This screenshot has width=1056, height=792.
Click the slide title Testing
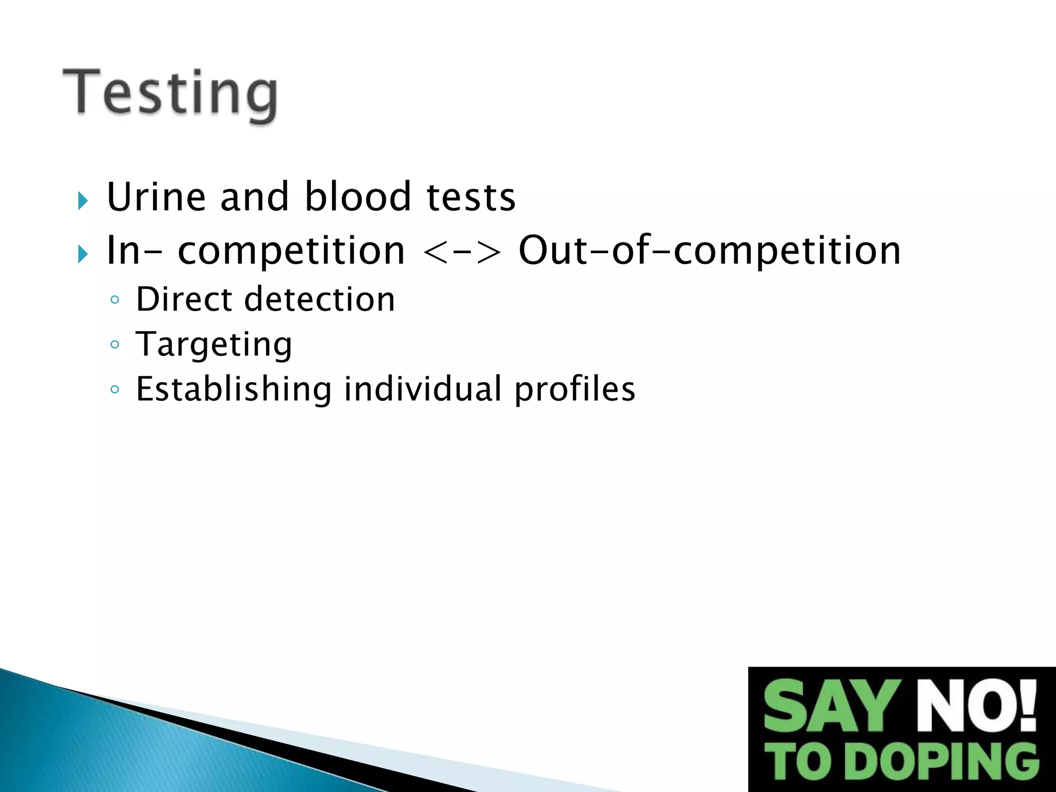(x=170, y=94)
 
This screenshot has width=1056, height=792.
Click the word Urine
(x=155, y=197)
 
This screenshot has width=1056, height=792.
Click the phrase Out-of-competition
(x=709, y=252)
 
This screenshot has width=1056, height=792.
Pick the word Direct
(x=184, y=300)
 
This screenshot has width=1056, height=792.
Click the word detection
(x=320, y=300)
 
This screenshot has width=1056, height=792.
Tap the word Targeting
(x=214, y=345)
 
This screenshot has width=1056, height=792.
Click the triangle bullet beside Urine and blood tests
(x=83, y=201)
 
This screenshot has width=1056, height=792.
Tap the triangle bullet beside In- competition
(x=83, y=254)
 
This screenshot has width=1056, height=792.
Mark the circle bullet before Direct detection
(x=115, y=300)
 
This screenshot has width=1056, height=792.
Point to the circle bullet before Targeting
(x=115, y=344)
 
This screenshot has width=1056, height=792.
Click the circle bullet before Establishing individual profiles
(x=115, y=389)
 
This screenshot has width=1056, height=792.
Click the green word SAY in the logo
(x=833, y=706)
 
